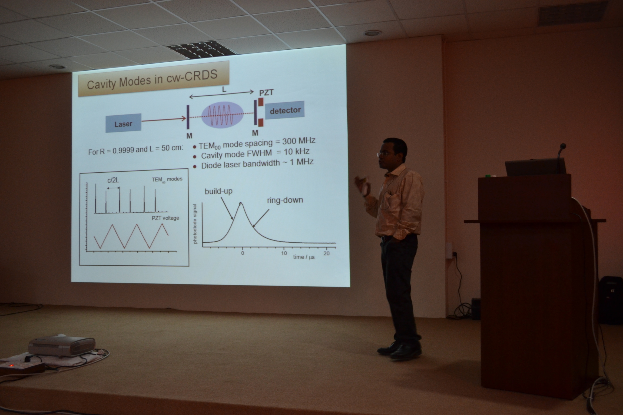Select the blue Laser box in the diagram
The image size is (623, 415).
pyautogui.click(x=123, y=123)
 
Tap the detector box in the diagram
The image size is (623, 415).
pyautogui.click(x=285, y=110)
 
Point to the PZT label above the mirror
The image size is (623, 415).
pyautogui.click(x=266, y=93)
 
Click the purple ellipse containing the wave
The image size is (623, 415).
pyautogui.click(x=222, y=115)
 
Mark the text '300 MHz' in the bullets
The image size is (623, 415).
pyautogui.click(x=299, y=141)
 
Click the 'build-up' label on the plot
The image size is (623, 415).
pyautogui.click(x=218, y=191)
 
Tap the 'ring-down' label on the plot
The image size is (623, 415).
pyautogui.click(x=285, y=200)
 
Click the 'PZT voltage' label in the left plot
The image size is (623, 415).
pyautogui.click(x=165, y=218)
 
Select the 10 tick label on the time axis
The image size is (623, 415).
pyautogui.click(x=284, y=253)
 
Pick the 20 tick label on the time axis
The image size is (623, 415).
pyautogui.click(x=327, y=253)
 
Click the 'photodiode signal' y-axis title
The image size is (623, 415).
pyautogui.click(x=195, y=224)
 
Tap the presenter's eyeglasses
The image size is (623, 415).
pyautogui.click(x=384, y=154)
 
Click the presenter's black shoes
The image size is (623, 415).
pyautogui.click(x=400, y=350)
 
